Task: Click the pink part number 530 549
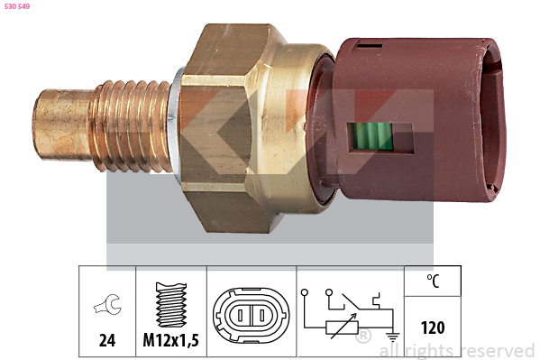[x=17, y=6]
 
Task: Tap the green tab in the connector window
[x=372, y=136]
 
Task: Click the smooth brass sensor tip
[x=62, y=125]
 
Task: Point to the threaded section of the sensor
[x=131, y=125]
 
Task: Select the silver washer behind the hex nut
[x=175, y=125]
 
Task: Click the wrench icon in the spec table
[x=108, y=304]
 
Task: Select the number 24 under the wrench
[x=107, y=340]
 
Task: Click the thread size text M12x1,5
[x=170, y=340]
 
